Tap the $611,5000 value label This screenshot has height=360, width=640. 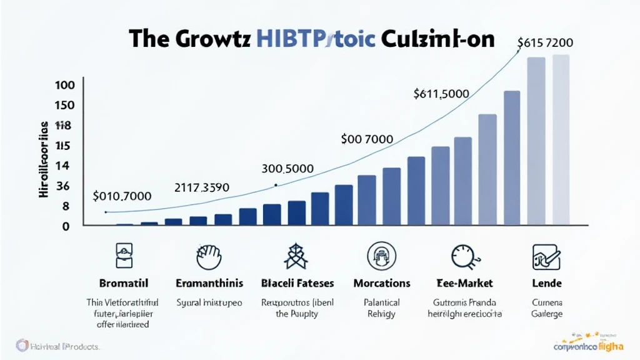(441, 94)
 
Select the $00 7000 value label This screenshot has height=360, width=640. (367, 139)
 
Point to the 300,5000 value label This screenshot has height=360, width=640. (287, 169)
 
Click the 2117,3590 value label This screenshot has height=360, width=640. (201, 187)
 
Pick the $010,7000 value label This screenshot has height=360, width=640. (122, 196)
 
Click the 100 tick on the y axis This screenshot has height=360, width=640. (65, 86)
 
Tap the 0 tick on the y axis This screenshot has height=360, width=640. (65, 226)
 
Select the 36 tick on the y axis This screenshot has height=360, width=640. (63, 186)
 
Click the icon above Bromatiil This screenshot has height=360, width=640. (124, 256)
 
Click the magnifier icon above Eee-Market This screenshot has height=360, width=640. (463, 256)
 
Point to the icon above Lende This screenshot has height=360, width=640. (546, 256)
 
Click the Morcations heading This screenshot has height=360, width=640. (381, 284)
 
